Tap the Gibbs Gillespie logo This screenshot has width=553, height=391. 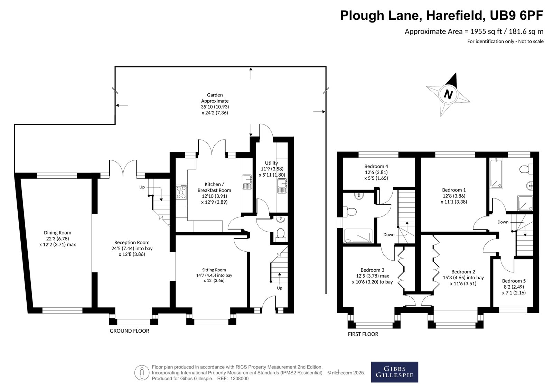394,372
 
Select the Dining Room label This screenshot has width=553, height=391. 57,233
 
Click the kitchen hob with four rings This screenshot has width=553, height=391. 181,192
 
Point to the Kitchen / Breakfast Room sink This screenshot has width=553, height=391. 247,182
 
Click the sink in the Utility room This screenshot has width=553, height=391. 282,186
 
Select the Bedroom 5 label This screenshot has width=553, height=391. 514,281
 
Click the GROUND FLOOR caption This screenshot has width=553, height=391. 129,331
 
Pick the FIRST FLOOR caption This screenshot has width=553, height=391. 363,334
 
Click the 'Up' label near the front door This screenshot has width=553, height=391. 280,288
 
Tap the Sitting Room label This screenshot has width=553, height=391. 214,270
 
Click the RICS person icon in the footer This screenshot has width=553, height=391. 142,372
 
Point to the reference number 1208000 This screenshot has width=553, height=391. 239,379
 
